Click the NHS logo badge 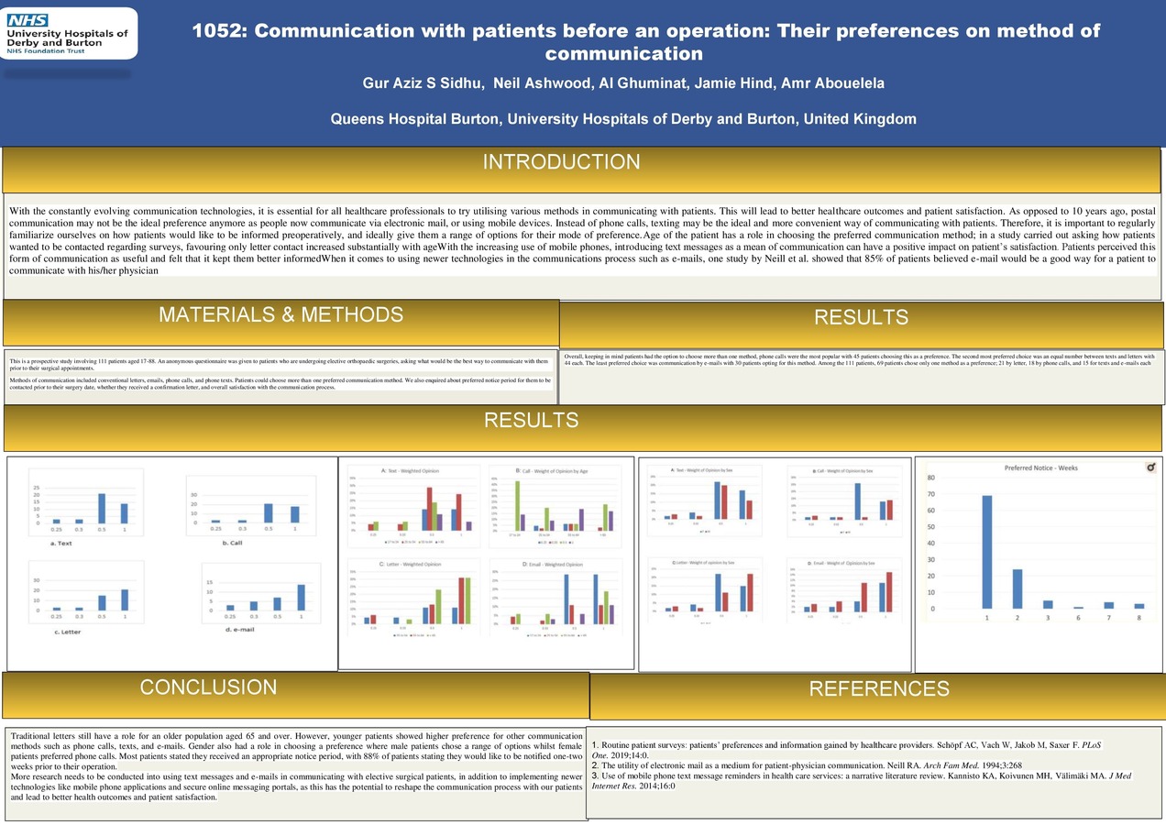click(28, 19)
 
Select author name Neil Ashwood click(542, 84)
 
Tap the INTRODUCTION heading click(561, 162)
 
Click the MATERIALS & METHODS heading click(280, 314)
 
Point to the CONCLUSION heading click(208, 687)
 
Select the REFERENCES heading click(878, 689)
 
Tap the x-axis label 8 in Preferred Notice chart click(1139, 619)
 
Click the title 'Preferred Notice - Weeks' click(1040, 467)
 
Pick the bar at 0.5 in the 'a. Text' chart click(102, 509)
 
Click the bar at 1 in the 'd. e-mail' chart click(301, 597)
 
